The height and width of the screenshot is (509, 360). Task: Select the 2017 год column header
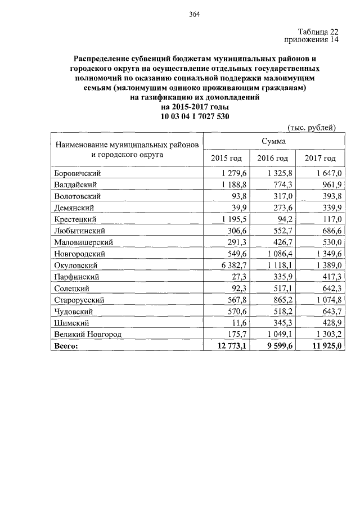click(x=320, y=159)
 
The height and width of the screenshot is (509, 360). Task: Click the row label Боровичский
click(x=77, y=173)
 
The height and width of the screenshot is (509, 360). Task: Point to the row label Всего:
click(x=66, y=346)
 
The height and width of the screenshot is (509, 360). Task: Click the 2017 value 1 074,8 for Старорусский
click(x=325, y=300)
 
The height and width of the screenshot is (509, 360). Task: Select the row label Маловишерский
click(x=84, y=242)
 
